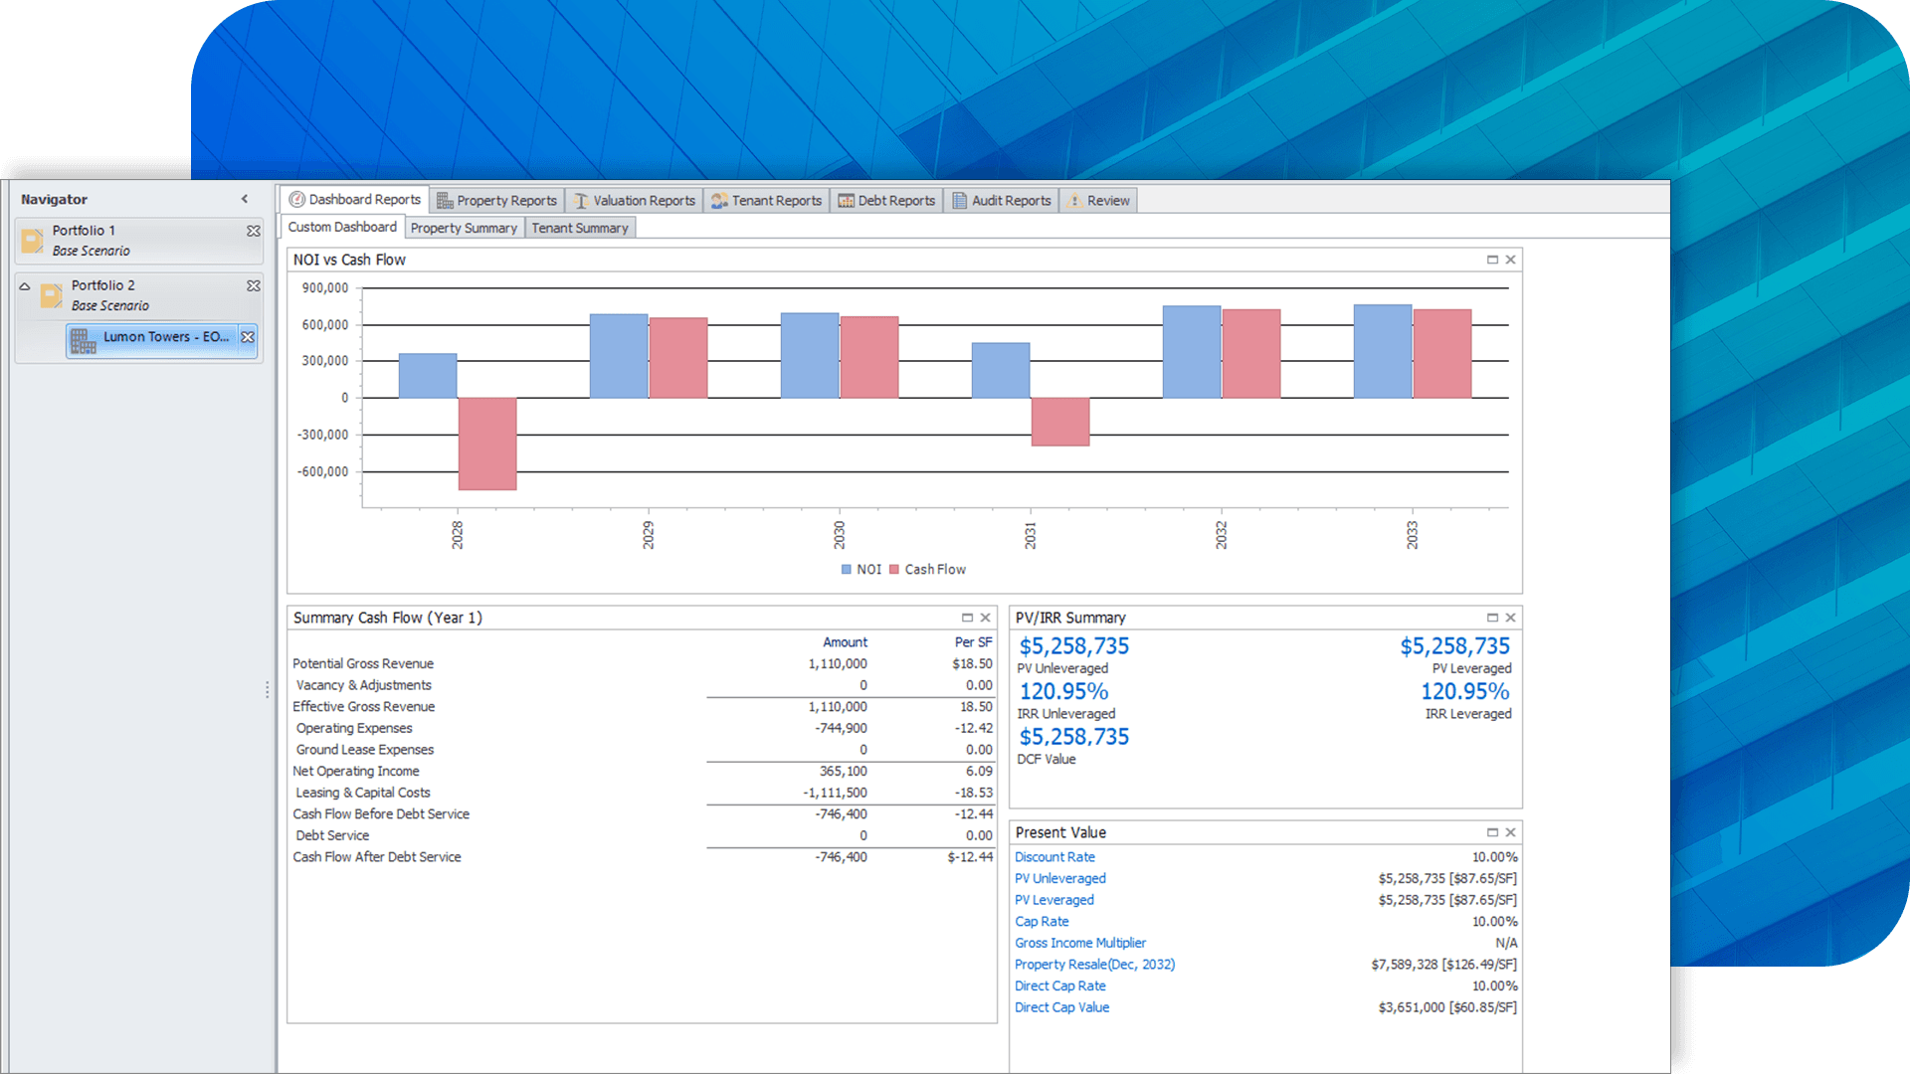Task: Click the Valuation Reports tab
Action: tap(635, 201)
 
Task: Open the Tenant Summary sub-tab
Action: tap(579, 228)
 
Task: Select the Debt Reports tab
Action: tap(887, 201)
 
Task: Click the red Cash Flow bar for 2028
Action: tap(487, 444)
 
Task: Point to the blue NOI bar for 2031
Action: tap(1000, 371)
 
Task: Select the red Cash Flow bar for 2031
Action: tap(1060, 422)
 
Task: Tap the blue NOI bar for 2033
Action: tap(1382, 352)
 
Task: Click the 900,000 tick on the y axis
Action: tap(325, 288)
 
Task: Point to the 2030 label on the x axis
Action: tap(839, 534)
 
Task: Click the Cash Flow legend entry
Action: tap(933, 570)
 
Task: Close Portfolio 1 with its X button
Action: tap(254, 231)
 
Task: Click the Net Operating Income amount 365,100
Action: tap(843, 772)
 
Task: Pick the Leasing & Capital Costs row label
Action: tap(362, 793)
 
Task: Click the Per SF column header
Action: tap(973, 642)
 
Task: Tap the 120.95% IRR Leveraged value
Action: tap(1464, 691)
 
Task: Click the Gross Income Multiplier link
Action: tap(1080, 943)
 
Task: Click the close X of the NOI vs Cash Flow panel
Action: tap(1510, 260)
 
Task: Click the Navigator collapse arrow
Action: tap(245, 199)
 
